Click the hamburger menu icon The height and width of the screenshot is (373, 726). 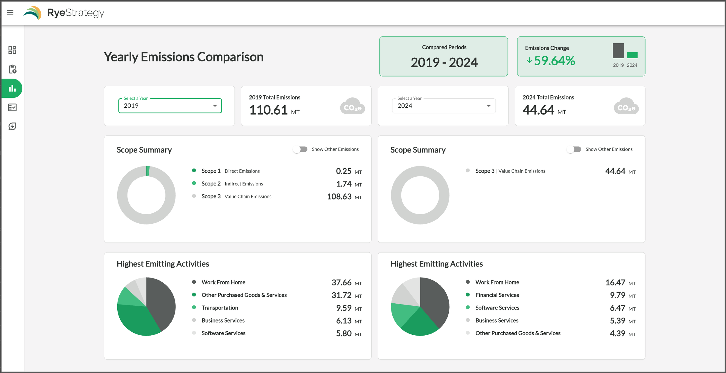[x=10, y=12]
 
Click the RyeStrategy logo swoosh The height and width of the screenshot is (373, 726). [x=33, y=13]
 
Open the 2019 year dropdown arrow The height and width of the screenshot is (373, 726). [x=215, y=106]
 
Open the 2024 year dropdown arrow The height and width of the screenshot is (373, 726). [x=489, y=106]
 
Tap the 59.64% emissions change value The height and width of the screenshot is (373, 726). [x=554, y=61]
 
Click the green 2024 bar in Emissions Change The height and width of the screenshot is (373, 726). [x=632, y=55]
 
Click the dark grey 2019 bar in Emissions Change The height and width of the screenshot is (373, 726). [x=618, y=51]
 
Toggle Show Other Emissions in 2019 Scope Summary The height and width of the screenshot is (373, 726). [x=300, y=149]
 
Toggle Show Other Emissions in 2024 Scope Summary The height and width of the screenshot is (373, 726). [x=574, y=149]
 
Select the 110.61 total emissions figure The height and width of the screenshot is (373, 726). [x=268, y=110]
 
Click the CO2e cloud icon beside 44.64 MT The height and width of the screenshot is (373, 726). [x=626, y=106]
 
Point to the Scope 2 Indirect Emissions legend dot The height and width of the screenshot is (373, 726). [x=194, y=183]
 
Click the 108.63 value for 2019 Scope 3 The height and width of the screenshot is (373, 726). [x=339, y=197]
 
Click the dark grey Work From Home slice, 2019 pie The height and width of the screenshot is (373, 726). [x=163, y=302]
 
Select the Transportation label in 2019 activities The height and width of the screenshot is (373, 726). [x=220, y=308]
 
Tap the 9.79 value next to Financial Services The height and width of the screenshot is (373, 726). [x=617, y=295]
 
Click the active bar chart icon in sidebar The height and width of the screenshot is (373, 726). [x=12, y=88]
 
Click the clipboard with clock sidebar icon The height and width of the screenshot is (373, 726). [x=12, y=69]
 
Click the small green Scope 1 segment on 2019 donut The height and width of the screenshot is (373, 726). [x=148, y=171]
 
